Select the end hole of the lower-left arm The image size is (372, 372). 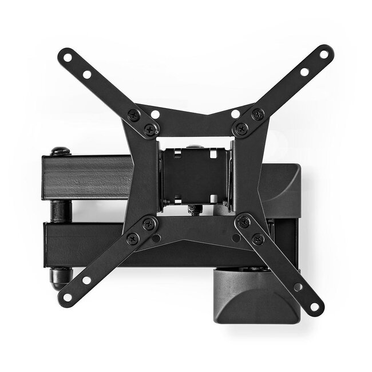pyautogui.click(x=67, y=296)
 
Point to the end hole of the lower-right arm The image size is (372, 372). pyautogui.click(x=313, y=306)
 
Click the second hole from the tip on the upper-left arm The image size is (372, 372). pyautogui.click(x=87, y=74)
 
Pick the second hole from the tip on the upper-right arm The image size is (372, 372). pyautogui.click(x=304, y=72)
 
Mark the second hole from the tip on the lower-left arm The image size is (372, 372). pyautogui.click(x=86, y=280)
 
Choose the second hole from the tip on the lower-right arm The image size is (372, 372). pyautogui.click(x=298, y=287)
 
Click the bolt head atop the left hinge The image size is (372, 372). pyautogui.click(x=61, y=152)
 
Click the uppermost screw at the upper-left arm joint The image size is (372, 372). pyautogui.click(x=134, y=114)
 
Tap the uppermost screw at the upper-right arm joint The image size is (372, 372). pyautogui.click(x=258, y=114)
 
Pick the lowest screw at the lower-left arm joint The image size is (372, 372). pyautogui.click(x=133, y=239)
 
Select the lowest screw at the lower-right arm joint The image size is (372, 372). pyautogui.click(x=258, y=239)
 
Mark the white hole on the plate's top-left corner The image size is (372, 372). pyautogui.click(x=155, y=114)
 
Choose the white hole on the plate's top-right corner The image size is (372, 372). pyautogui.click(x=235, y=114)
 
